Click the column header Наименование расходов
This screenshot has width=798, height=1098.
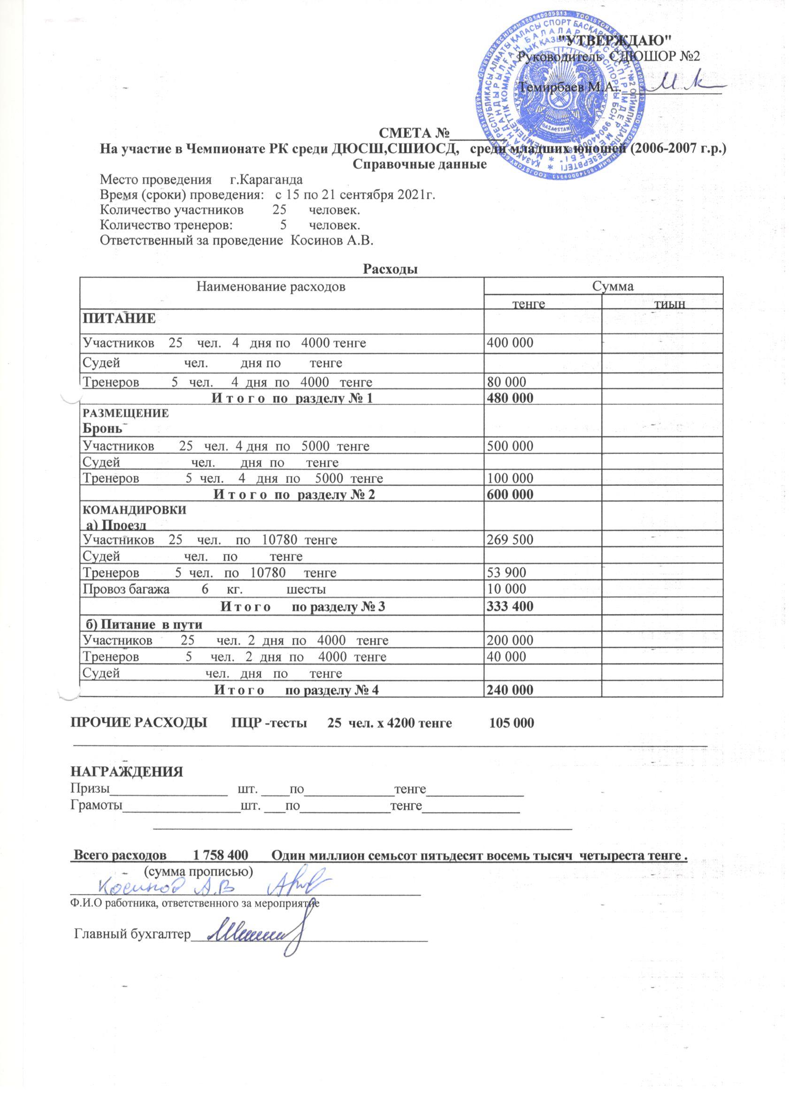pyautogui.click(x=271, y=286)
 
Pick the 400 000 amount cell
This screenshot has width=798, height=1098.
pyautogui.click(x=510, y=343)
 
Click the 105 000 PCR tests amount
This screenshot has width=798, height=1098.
pyautogui.click(x=512, y=723)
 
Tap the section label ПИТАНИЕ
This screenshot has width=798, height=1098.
pyautogui.click(x=119, y=318)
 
